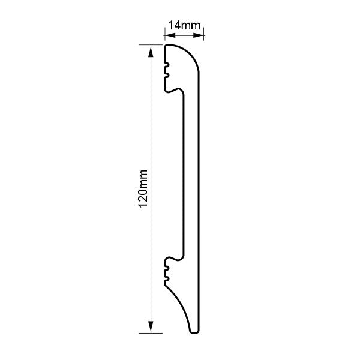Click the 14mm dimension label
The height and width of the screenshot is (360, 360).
click(x=184, y=25)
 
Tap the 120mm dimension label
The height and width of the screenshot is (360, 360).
click(x=143, y=188)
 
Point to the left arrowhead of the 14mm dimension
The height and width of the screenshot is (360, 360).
click(x=170, y=35)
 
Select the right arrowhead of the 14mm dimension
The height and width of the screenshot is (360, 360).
click(x=199, y=35)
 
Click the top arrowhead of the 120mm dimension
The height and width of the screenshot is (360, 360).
click(x=151, y=50)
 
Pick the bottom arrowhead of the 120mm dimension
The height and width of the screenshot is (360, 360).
click(x=151, y=327)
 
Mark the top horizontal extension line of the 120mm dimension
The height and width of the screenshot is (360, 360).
click(x=151, y=45)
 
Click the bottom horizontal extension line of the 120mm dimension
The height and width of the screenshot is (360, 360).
click(x=151, y=333)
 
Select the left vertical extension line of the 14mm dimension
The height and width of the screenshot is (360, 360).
click(x=164, y=34)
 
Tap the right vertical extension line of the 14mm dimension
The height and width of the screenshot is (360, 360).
click(x=204, y=34)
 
